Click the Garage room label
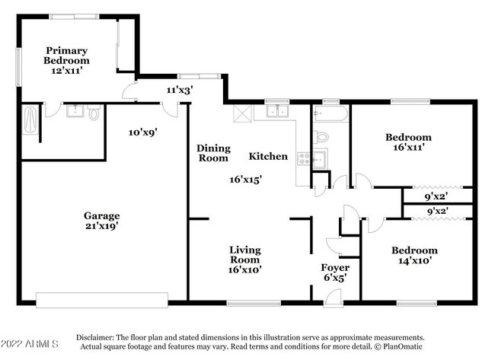pos(101,216)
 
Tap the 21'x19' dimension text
pos(101,226)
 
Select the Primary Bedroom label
pos(66,56)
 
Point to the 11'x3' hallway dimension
pos(180,91)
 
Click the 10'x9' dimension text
pos(142,132)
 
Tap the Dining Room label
pos(213,153)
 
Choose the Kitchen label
pos(268,156)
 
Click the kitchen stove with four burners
pos(304,159)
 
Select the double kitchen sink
pos(277,111)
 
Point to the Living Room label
pos(244,255)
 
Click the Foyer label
pos(335,268)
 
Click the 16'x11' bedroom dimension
pos(408,147)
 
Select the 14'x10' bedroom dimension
pos(414,260)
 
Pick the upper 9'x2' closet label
pos(436,196)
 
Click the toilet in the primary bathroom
pos(94,113)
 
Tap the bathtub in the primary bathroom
pos(30,120)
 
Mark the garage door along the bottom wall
pos(101,300)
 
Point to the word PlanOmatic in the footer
pos(403,346)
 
